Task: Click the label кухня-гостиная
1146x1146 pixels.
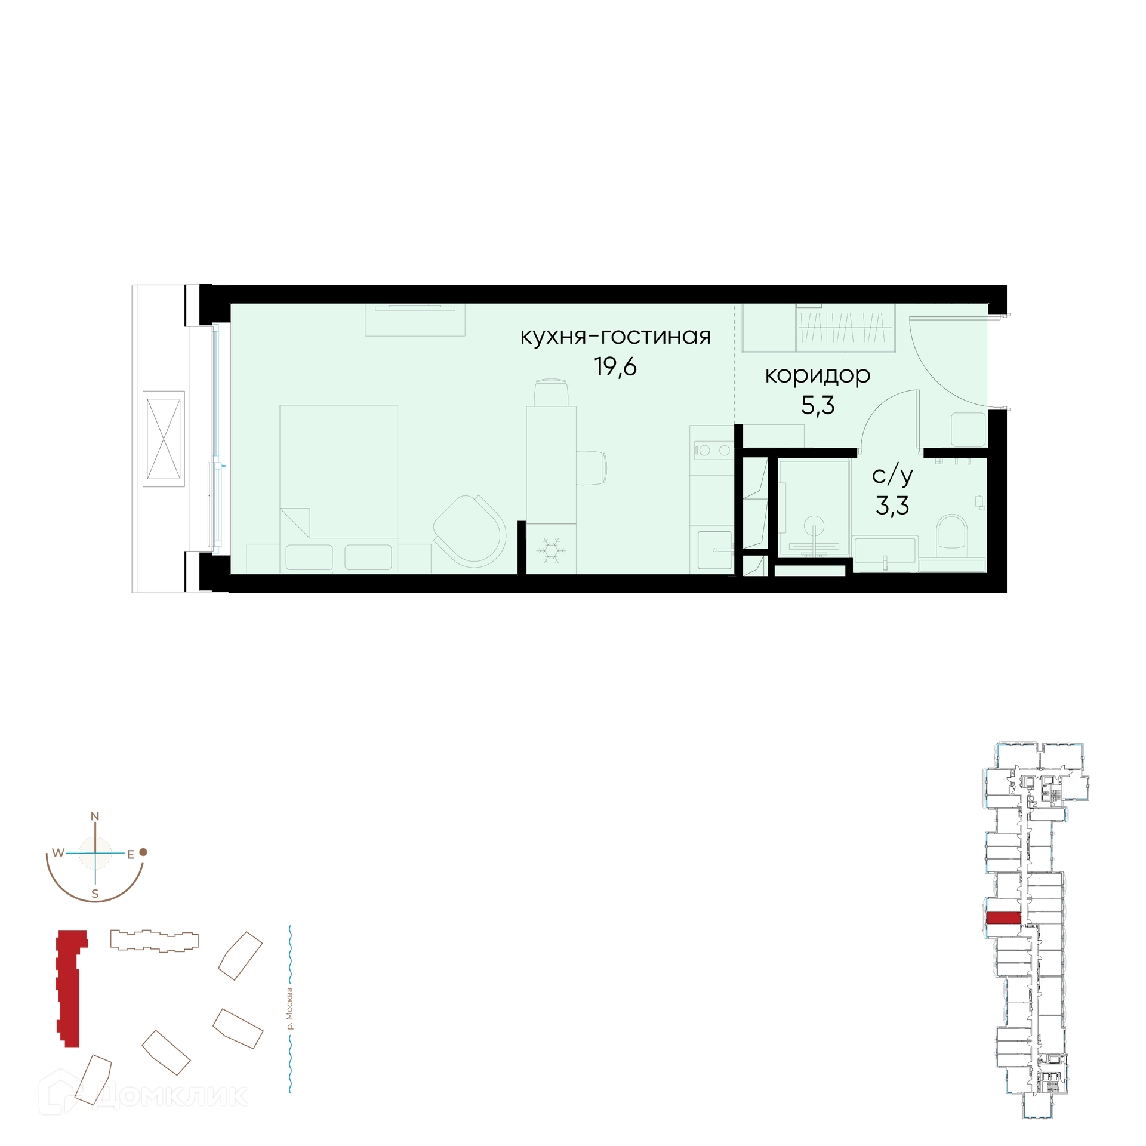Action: pyautogui.click(x=615, y=337)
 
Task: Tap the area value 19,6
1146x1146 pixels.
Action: pyautogui.click(x=615, y=366)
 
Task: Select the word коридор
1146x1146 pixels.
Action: pyautogui.click(x=817, y=375)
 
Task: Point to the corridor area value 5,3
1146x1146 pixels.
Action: pyautogui.click(x=818, y=406)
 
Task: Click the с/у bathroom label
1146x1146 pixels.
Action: pyautogui.click(x=892, y=475)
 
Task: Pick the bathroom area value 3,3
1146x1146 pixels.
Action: pyautogui.click(x=892, y=506)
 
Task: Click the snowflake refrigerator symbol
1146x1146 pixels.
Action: pyautogui.click(x=551, y=550)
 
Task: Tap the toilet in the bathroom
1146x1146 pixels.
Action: pyautogui.click(x=951, y=531)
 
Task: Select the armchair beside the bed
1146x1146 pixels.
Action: pyautogui.click(x=470, y=531)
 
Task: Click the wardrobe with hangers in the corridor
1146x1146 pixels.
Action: pyautogui.click(x=846, y=328)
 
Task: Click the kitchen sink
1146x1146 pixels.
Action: pyautogui.click(x=714, y=550)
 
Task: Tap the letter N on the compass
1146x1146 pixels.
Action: pyautogui.click(x=94, y=817)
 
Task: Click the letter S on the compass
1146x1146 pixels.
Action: pyautogui.click(x=94, y=894)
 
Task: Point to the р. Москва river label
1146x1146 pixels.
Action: pyautogui.click(x=290, y=1009)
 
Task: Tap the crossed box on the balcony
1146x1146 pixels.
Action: pyautogui.click(x=164, y=439)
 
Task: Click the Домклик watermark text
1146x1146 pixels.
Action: pyautogui.click(x=170, y=1096)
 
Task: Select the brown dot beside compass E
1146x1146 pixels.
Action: pyautogui.click(x=143, y=852)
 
